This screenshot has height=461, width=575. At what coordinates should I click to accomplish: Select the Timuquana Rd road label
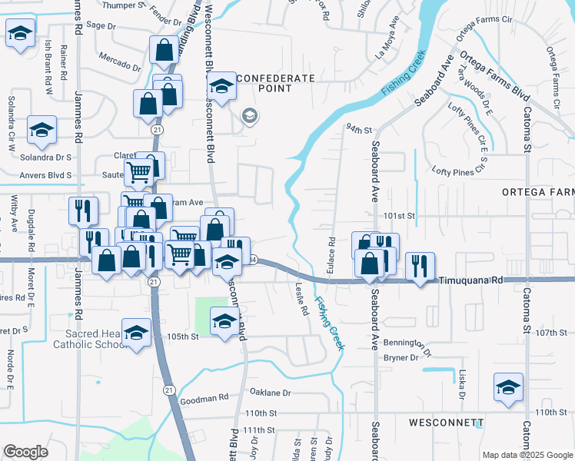coord(471,281)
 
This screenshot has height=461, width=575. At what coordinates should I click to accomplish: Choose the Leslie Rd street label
coord(301,299)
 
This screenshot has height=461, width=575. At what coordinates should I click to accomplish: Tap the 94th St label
coord(358,129)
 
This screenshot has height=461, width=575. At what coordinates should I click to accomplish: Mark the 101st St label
coord(400,216)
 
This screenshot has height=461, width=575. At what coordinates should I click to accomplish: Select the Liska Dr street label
coord(463,380)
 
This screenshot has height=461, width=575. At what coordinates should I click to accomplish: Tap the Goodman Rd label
coord(204,398)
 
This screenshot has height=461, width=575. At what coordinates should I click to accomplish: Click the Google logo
coord(25,452)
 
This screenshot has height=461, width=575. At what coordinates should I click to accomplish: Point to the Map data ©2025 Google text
coord(527,455)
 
